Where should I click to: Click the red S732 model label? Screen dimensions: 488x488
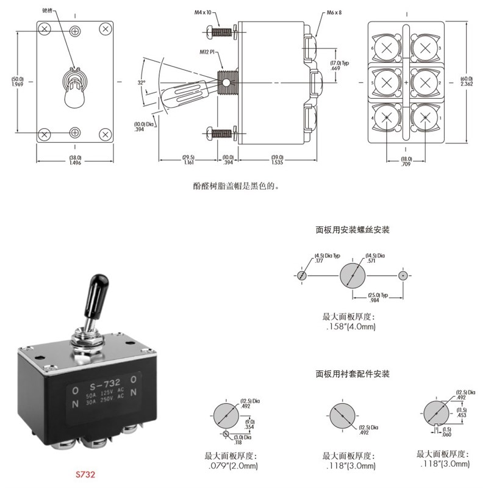pyautogui.click(x=86, y=473)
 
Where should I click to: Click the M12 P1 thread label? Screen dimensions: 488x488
pyautogui.click(x=210, y=52)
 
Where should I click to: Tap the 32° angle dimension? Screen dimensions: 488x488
pyautogui.click(x=142, y=82)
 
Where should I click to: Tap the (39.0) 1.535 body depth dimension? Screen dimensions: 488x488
pyautogui.click(x=278, y=160)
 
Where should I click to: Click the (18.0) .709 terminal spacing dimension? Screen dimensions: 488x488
pyautogui.click(x=406, y=160)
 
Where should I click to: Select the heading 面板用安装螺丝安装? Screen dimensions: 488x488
pyautogui.click(x=352, y=230)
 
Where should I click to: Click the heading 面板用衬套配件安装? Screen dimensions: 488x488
pyautogui.click(x=352, y=373)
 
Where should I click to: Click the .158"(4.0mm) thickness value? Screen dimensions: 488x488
pyautogui.click(x=352, y=327)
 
